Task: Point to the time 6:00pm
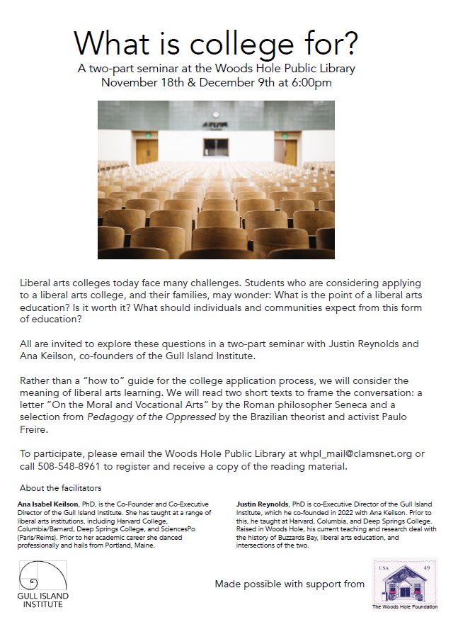[x=308, y=83]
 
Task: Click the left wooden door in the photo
[x=147, y=152]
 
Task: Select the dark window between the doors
[x=216, y=147]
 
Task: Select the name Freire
[x=37, y=430]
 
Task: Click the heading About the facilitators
[x=60, y=488]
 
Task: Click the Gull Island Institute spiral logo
[x=42, y=575]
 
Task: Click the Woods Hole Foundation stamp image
[x=405, y=580]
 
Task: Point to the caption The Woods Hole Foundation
[x=405, y=607]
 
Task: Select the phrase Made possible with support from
[x=290, y=584]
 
